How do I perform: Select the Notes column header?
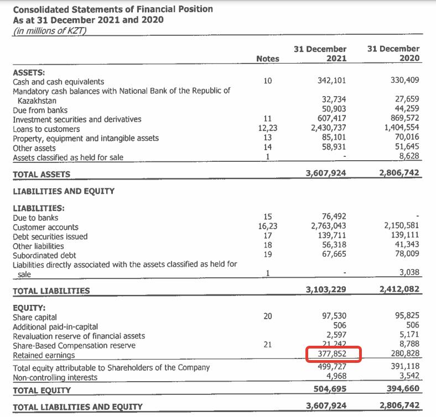(268, 59)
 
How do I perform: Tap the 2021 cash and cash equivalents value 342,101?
(332, 81)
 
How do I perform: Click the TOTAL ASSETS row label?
(41, 174)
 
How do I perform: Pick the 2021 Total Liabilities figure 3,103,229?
(326, 289)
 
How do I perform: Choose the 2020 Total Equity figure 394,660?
(400, 390)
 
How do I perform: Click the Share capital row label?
(35, 317)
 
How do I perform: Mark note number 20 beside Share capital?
(268, 316)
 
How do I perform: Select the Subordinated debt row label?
(44, 255)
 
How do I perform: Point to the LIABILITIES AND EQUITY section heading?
(64, 191)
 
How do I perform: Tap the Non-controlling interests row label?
(55, 377)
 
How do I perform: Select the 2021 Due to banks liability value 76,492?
(334, 217)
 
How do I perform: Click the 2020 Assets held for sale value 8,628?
(409, 157)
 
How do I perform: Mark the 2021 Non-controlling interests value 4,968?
(338, 377)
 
